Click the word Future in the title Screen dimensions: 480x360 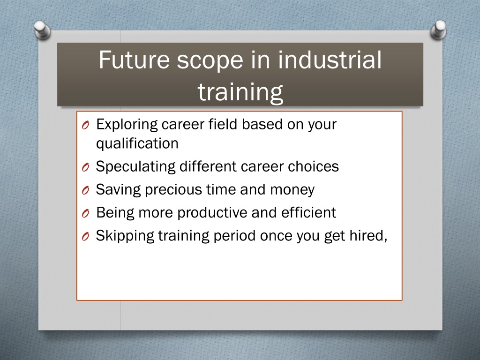(134, 60)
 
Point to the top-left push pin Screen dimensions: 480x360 (42, 30)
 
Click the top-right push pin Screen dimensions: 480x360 (438, 30)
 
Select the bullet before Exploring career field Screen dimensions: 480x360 (86, 125)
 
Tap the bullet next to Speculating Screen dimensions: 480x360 (86, 167)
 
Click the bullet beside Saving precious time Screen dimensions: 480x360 (86, 190)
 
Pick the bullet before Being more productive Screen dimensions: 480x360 (86, 213)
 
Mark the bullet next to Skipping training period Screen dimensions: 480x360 (86, 237)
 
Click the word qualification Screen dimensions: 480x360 (137, 143)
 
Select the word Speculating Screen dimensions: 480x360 (135, 167)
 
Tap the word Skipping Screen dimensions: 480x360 (125, 236)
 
